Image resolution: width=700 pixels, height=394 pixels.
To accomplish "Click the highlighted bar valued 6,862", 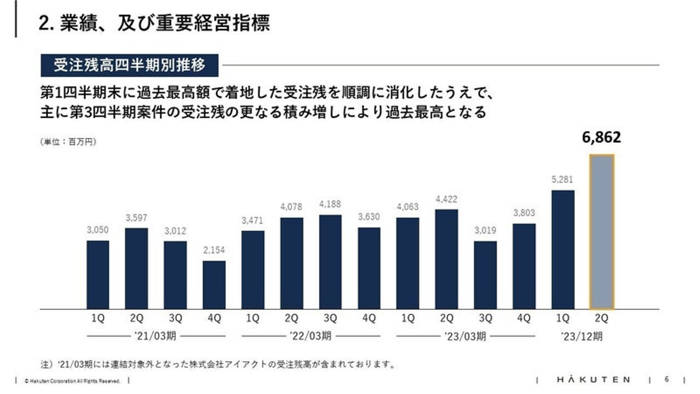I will coord(602,232).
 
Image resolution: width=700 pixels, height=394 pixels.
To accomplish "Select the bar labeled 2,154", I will coord(214,285).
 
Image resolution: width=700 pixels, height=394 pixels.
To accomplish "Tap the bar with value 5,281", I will coord(563,249).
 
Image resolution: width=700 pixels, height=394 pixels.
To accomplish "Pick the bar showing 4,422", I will coord(446,259).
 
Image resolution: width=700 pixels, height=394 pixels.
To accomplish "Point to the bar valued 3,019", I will coord(485,275).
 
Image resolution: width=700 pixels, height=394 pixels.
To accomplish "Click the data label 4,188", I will coord(330,204).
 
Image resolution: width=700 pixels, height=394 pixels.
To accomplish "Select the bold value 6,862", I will coord(601,138).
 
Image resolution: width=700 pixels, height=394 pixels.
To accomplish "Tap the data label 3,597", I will coord(136,217).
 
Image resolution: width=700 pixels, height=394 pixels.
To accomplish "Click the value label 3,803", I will coord(524,213).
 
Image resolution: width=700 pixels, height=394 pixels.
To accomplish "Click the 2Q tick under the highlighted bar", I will coord(601,319).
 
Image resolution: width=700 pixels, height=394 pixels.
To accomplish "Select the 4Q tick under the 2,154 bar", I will coord(214,319).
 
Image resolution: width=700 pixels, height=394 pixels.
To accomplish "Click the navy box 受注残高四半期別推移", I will coord(129,65).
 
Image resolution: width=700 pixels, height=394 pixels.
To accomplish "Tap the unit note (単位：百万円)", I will coord(68,142).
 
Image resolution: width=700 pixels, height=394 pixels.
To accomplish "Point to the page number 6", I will coord(666,379).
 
